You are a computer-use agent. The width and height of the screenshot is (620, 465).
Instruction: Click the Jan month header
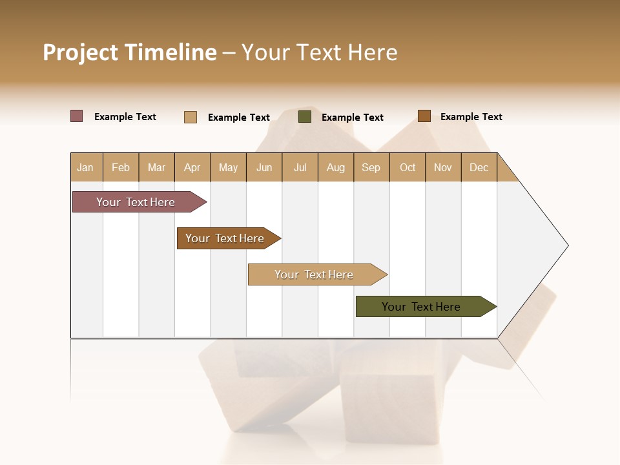click(x=85, y=167)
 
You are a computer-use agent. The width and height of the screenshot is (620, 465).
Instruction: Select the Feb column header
click(x=121, y=167)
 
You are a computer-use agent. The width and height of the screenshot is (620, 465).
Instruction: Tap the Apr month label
click(x=192, y=167)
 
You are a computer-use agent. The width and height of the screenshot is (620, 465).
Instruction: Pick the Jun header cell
click(x=264, y=167)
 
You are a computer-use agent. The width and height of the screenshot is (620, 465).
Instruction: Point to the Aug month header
click(x=336, y=167)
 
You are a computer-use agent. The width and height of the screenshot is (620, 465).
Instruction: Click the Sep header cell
click(x=371, y=167)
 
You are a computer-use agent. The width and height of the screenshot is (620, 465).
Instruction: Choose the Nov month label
click(x=443, y=167)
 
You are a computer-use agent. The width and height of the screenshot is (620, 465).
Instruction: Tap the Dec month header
click(x=479, y=167)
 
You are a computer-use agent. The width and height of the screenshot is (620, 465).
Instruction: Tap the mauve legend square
click(x=77, y=116)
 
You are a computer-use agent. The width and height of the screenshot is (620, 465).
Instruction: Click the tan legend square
click(x=191, y=117)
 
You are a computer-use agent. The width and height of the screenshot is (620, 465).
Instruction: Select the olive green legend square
click(x=305, y=117)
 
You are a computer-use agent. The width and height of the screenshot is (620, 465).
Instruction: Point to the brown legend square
click(x=424, y=116)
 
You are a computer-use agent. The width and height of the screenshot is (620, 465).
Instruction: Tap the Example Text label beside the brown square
click(x=471, y=117)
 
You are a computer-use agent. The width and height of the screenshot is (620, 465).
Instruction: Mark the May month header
click(x=228, y=167)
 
